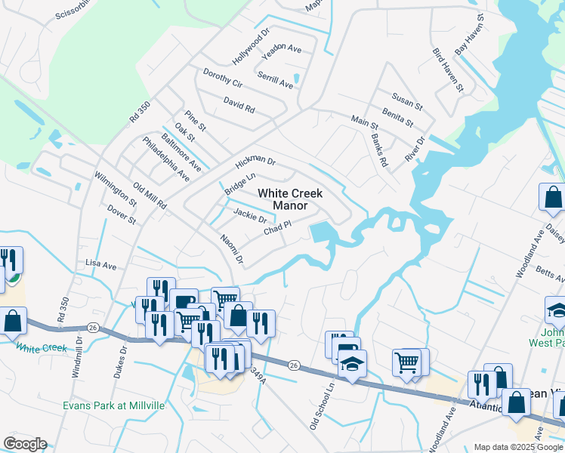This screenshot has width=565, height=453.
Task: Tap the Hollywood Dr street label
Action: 251,47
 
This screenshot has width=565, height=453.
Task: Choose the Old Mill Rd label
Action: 150,196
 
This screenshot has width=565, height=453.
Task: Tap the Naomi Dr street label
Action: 232,250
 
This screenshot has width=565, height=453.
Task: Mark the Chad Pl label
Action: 277,228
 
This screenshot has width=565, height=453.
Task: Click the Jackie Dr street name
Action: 250,216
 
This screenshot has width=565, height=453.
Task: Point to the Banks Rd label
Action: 379,150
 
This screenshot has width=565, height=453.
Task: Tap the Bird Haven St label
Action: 447,70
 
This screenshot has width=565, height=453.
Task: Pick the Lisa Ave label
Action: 101,266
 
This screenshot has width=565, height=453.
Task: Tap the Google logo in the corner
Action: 25,444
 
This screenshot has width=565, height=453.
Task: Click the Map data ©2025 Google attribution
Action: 517,447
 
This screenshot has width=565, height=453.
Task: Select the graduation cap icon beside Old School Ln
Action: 352,364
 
